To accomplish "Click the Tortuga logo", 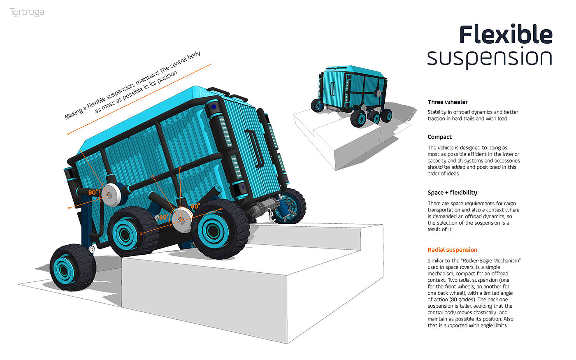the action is coord(27,13).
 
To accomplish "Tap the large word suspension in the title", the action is coord(490,58).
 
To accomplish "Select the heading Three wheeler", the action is coord(447,102).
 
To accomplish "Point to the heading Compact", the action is coord(439,137).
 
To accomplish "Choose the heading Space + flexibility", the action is coord(452,193).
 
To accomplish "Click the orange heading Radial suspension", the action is coord(452,250).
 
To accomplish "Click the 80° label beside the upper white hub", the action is coord(93,192).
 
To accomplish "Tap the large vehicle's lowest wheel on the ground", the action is coord(73,268).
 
